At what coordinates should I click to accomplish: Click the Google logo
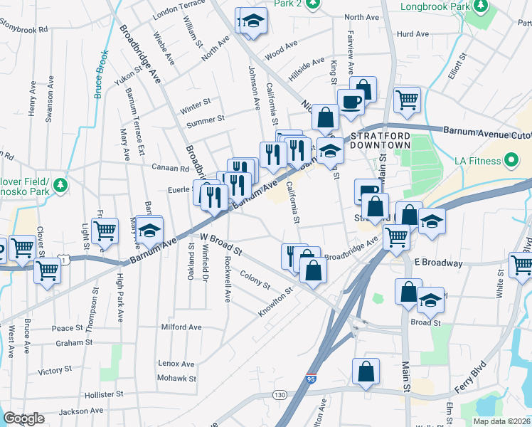pos(23,418)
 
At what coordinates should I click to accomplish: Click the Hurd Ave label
pos(413,33)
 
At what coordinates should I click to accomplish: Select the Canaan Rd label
pos(169,169)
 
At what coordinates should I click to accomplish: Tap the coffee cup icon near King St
pos(350,102)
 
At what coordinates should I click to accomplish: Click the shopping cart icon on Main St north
pos(407,100)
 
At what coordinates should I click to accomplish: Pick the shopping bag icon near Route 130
pos(366,372)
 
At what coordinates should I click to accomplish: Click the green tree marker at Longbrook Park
pos(481,7)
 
